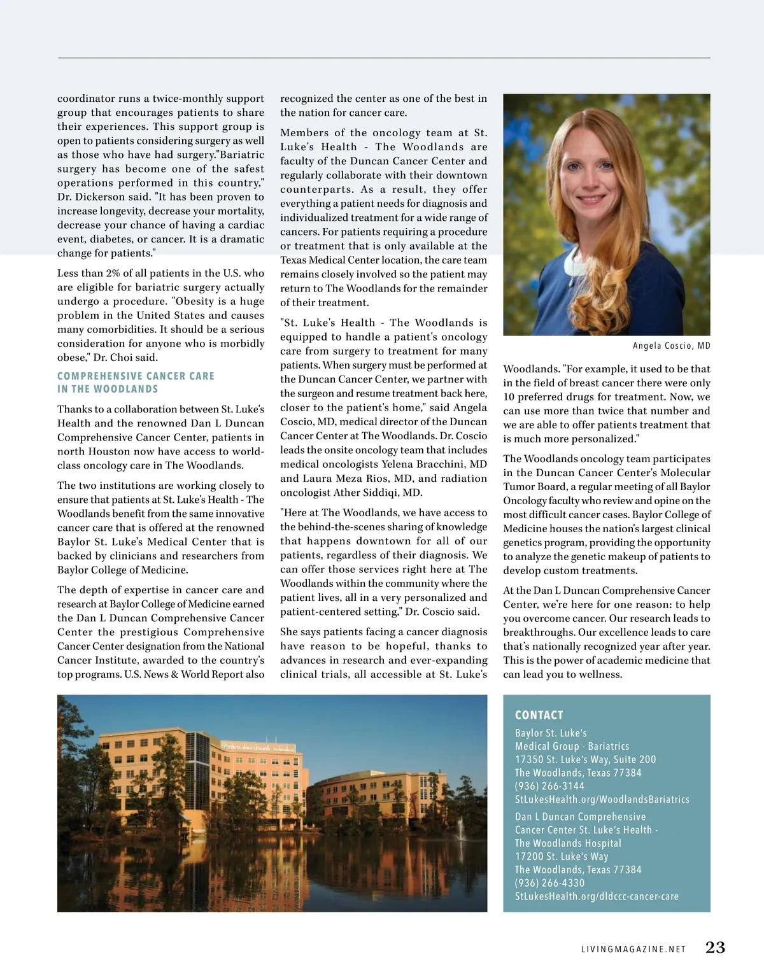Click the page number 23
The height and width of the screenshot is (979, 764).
pyautogui.click(x=715, y=947)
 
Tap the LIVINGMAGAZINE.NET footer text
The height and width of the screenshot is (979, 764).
pyautogui.click(x=633, y=949)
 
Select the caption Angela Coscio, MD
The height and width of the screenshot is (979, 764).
pyautogui.click(x=671, y=346)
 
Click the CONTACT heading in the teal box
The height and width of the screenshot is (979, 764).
pyautogui.click(x=539, y=715)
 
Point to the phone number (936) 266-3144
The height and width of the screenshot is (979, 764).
pyautogui.click(x=549, y=786)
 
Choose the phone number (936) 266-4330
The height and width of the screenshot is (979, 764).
pyautogui.click(x=549, y=883)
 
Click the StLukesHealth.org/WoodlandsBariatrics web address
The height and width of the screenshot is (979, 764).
pyautogui.click(x=602, y=799)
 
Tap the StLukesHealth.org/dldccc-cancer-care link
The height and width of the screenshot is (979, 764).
pyautogui.click(x=597, y=896)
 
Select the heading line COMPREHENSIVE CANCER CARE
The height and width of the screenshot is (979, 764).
pyautogui.click(x=136, y=376)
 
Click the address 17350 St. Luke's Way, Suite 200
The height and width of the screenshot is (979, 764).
pyautogui.click(x=585, y=759)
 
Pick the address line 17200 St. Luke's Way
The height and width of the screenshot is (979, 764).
pyautogui.click(x=561, y=857)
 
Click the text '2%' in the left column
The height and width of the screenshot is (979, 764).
pyautogui.click(x=113, y=273)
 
